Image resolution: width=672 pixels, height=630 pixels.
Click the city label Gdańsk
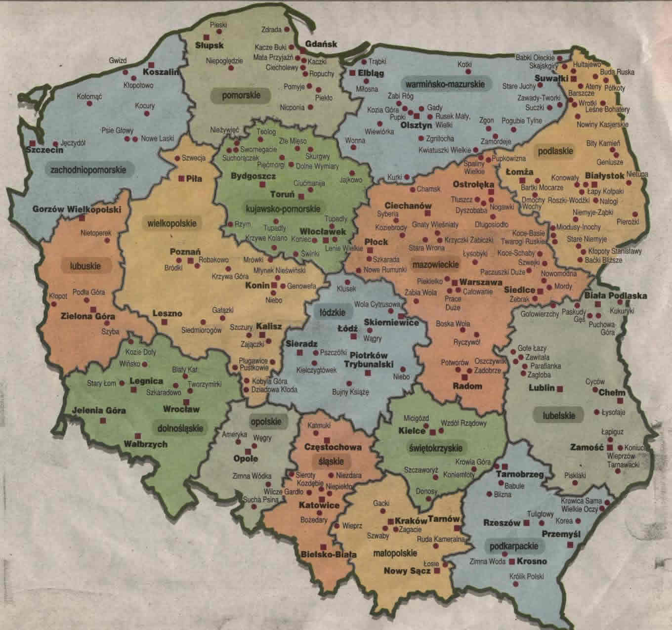pos(321,44)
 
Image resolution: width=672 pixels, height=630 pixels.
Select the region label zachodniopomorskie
pos(88,170)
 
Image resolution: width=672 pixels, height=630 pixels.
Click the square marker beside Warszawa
pos(455,282)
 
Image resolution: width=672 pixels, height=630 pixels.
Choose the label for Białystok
pos(605,175)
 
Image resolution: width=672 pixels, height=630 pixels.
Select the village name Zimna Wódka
pos(252,476)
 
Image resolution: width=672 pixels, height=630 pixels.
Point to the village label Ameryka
pos(234,434)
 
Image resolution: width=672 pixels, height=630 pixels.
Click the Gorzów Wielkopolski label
pos(77,209)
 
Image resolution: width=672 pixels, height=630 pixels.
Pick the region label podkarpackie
pos(514,546)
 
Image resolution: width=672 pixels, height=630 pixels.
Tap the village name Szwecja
pos(194,158)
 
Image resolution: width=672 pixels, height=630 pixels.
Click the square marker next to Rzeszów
pos(527,523)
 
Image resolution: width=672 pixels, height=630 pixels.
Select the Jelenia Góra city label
pos(99,410)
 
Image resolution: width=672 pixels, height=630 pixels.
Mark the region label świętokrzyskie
pos(436,448)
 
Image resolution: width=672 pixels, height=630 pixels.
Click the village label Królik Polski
pos(527,576)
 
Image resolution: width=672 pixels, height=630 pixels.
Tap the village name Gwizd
pos(118,61)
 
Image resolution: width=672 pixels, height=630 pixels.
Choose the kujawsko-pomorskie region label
pos(283,209)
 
